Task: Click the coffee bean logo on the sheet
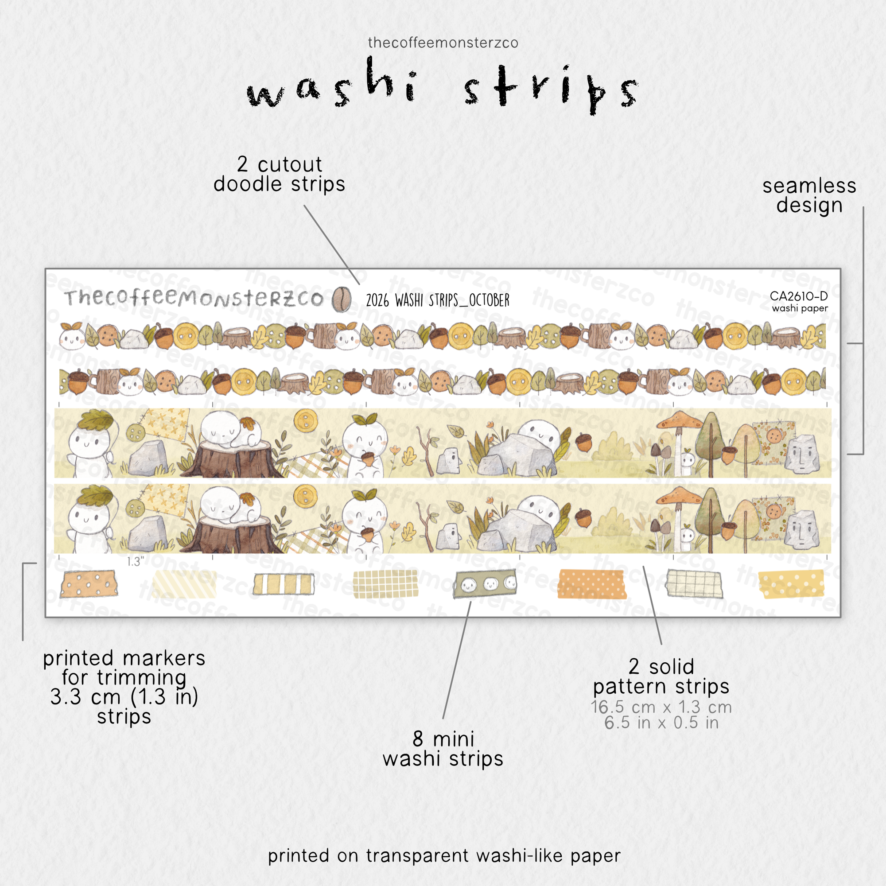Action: [x=341, y=299]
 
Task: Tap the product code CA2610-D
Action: [x=798, y=296]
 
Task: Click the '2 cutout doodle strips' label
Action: [x=279, y=174]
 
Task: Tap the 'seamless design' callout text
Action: [x=809, y=195]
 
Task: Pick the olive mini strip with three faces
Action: [x=485, y=584]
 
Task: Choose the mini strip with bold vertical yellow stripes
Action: [x=284, y=584]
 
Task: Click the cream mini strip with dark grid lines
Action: [x=694, y=584]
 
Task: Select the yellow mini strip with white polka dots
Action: [x=791, y=584]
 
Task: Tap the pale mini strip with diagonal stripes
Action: [x=184, y=584]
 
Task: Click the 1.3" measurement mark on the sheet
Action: [x=136, y=562]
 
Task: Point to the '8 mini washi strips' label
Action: [x=443, y=748]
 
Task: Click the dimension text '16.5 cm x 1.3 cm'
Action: [x=661, y=707]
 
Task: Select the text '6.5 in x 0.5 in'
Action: [x=661, y=723]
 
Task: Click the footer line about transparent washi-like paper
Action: [x=444, y=856]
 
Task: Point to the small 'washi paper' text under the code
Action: [x=800, y=308]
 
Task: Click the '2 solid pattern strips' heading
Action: [x=661, y=676]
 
